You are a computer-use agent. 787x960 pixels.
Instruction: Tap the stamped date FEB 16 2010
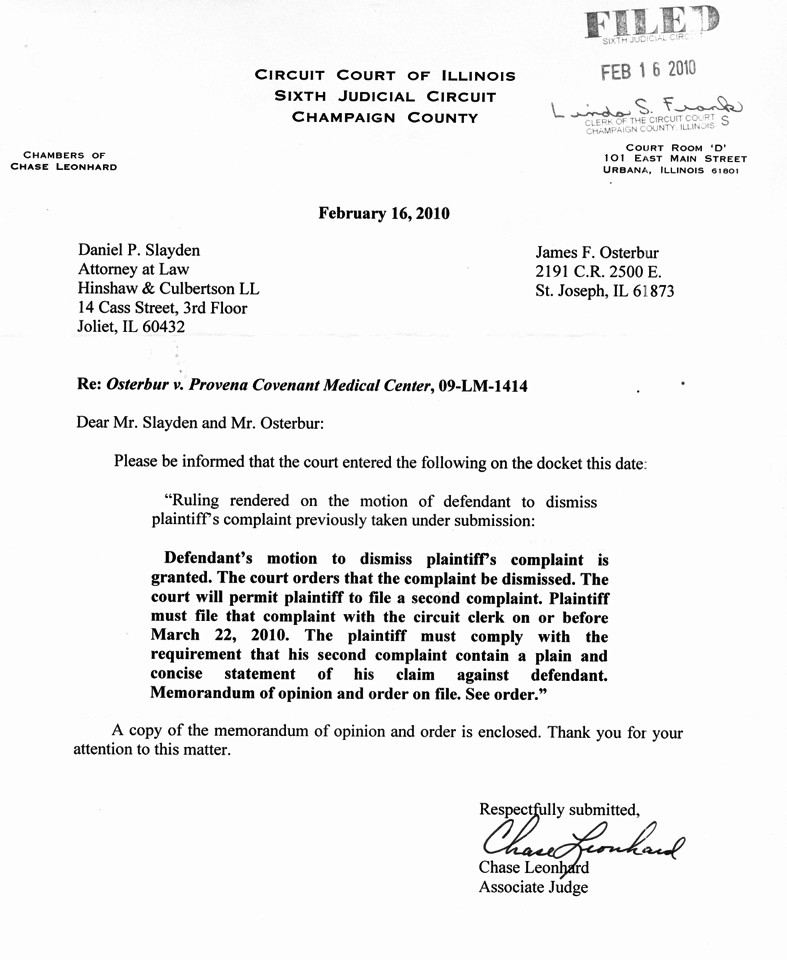pos(648,70)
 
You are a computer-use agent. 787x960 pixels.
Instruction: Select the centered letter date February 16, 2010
pos(384,213)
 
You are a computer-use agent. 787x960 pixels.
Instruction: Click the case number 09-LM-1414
pos(483,385)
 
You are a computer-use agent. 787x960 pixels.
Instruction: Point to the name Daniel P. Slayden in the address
pos(139,250)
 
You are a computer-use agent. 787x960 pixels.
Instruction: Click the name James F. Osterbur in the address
pos(597,252)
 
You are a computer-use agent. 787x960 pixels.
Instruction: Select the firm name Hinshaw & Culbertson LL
pos(169,289)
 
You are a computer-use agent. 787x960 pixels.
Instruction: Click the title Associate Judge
pos(533,887)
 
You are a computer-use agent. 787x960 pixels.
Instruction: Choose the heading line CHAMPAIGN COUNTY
pos(385,118)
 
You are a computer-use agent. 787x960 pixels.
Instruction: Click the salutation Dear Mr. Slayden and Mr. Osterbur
pos(200,423)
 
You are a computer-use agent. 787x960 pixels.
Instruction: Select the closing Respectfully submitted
pos(559,809)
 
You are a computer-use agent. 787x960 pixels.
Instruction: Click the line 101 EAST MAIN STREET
pos(675,159)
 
